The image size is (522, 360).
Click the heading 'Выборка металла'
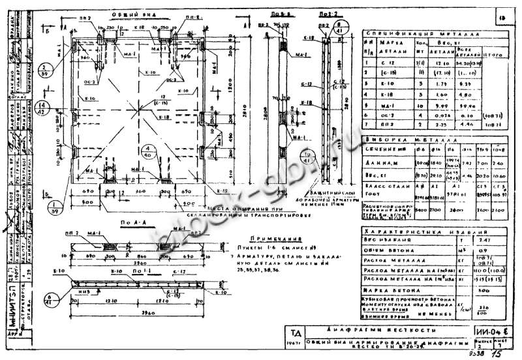click(431, 138)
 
